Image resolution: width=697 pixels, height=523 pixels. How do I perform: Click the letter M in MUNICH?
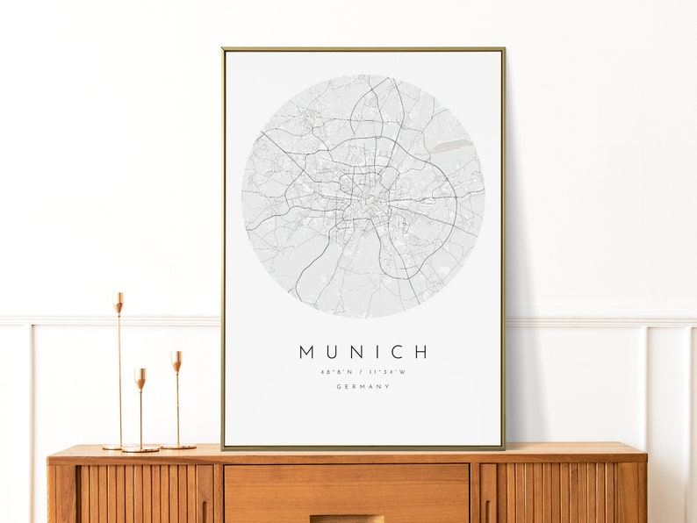tap(306, 352)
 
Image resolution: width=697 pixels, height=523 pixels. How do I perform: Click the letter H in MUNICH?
tap(420, 352)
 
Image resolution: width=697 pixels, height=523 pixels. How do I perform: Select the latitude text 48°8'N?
tap(336, 371)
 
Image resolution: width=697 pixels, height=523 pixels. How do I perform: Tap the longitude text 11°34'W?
tap(388, 371)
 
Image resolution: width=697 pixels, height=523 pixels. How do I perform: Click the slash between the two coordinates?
tap(362, 371)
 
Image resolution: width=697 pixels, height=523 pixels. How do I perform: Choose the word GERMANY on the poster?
tap(363, 387)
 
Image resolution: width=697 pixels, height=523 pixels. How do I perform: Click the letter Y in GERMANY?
tap(387, 387)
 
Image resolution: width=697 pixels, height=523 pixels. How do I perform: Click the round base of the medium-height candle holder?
tap(177, 447)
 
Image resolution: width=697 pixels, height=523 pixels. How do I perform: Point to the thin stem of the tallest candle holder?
tap(119, 377)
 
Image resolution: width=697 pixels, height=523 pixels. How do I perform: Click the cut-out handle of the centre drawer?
tap(346, 518)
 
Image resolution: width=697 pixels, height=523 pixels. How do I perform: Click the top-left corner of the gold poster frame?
tap(224, 50)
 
